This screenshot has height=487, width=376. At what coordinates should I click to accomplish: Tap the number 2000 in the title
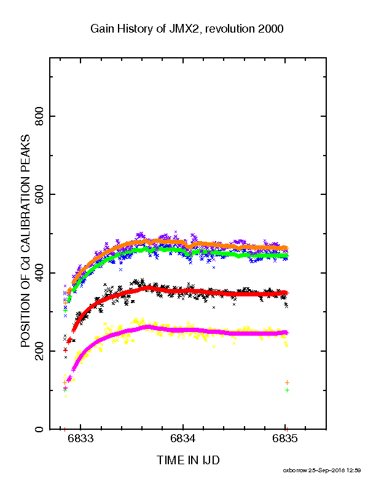[x=271, y=28]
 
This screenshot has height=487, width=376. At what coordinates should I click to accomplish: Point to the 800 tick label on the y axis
[x=39, y=116]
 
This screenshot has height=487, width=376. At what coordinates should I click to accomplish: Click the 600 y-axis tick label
[x=39, y=194]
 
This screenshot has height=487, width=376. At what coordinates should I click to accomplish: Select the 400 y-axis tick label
[x=39, y=272]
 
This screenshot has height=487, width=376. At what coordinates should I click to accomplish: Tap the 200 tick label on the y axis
[x=39, y=351]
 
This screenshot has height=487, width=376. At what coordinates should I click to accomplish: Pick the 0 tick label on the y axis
[x=39, y=429]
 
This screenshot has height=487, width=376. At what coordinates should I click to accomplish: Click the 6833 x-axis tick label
[x=80, y=438]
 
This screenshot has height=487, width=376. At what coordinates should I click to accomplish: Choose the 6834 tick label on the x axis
[x=183, y=438]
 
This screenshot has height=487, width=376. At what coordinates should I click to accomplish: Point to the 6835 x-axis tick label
[x=285, y=438]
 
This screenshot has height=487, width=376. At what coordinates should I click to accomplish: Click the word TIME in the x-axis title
[x=170, y=461]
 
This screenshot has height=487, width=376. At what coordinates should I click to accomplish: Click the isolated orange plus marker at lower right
[x=287, y=382]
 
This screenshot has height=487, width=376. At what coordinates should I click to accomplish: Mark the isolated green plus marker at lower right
[x=287, y=390]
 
